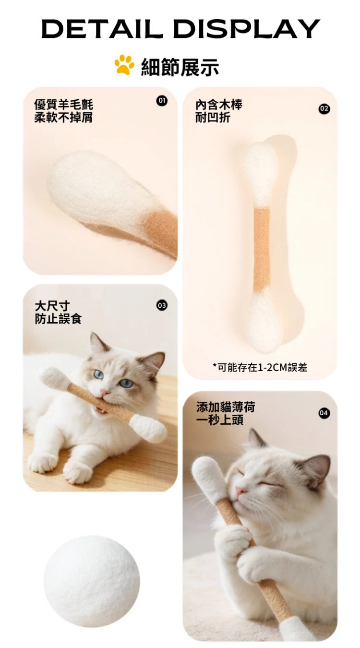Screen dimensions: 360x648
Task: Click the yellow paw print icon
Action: click(x=124, y=65)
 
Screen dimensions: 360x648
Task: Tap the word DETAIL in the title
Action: click(x=102, y=29)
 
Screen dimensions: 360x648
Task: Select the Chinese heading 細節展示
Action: click(x=180, y=67)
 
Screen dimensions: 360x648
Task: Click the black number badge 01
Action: click(x=162, y=101)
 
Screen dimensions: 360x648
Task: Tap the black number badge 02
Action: click(x=324, y=109)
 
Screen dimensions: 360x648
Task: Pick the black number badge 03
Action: click(x=162, y=305)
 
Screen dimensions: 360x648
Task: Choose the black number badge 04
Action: click(x=324, y=413)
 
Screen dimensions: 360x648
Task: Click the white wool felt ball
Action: click(x=92, y=583)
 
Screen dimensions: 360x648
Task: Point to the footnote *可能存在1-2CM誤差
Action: click(x=260, y=367)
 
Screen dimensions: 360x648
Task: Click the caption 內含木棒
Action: click(x=219, y=105)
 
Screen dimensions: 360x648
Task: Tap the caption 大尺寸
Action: click(x=52, y=306)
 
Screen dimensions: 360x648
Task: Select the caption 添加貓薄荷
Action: click(x=226, y=407)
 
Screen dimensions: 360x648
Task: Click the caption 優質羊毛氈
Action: click(x=64, y=105)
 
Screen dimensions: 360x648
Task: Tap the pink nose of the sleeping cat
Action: click(x=240, y=490)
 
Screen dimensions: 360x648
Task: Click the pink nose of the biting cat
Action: click(x=105, y=392)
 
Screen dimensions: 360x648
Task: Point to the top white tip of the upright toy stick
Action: click(x=259, y=174)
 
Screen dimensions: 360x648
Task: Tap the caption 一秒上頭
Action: click(x=220, y=420)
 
